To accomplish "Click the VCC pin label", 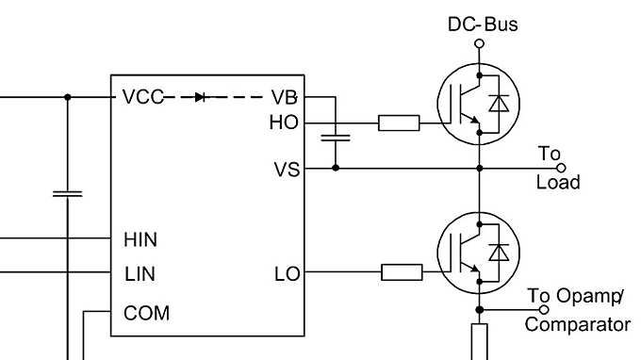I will pyautogui.click(x=142, y=97).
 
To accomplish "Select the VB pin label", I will pyautogui.click(x=283, y=97).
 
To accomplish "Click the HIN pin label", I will pyautogui.click(x=140, y=240).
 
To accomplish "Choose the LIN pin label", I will pyautogui.click(x=140, y=275).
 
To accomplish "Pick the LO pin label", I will pyautogui.click(x=286, y=274).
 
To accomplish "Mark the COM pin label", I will pyautogui.click(x=147, y=312).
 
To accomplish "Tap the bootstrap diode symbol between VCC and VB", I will pyautogui.click(x=199, y=97).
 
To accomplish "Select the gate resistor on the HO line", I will pyautogui.click(x=398, y=123).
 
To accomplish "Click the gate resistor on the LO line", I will pyautogui.click(x=401, y=273).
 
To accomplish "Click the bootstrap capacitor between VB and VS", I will pyautogui.click(x=336, y=139).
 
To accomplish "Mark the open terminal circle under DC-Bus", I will pyautogui.click(x=479, y=43).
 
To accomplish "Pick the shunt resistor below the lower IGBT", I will pyautogui.click(x=479, y=341).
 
